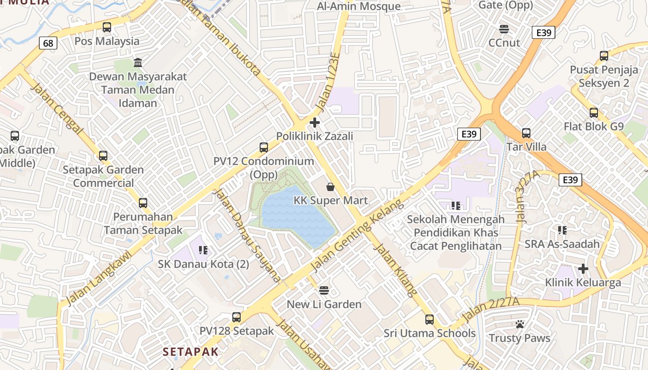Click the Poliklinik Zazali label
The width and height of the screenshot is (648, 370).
314,136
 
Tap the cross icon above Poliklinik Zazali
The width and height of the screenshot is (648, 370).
315,123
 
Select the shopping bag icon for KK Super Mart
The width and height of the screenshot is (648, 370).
330,187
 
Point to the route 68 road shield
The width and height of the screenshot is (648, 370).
48,43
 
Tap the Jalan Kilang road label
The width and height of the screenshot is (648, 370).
395,269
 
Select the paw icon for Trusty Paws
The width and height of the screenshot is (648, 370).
520,325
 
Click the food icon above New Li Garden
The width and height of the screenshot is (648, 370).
324,290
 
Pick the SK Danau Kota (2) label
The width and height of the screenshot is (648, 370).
203,264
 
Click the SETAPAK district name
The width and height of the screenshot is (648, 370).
190,351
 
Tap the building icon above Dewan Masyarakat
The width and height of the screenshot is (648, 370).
138,62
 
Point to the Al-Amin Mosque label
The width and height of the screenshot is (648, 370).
359,6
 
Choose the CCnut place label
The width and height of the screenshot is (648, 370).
505,43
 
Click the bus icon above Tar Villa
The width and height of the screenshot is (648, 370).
526,133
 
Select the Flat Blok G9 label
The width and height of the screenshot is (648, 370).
593,126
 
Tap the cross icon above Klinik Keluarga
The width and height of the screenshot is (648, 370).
583,268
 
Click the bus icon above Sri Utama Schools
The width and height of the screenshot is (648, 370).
430,319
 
